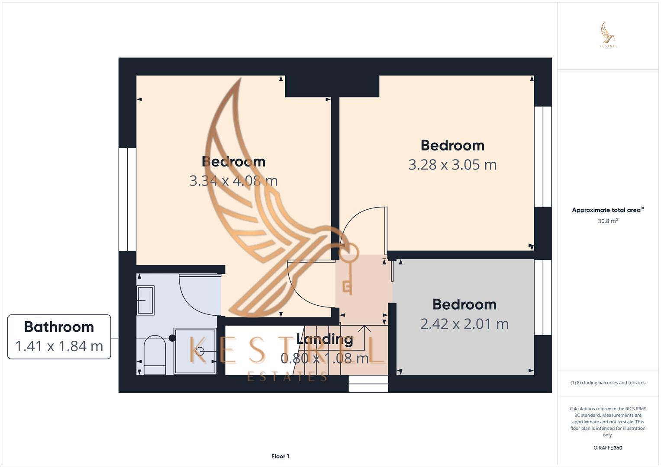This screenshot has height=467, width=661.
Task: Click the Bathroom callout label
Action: [x=59, y=327]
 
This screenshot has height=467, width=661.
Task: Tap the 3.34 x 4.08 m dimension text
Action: [x=233, y=180]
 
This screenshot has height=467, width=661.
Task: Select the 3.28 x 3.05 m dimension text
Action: [x=452, y=164]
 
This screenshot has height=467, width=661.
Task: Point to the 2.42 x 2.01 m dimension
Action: [x=464, y=323]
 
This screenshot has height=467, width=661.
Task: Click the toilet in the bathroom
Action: [x=155, y=355]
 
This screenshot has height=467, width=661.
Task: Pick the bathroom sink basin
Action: [x=145, y=300]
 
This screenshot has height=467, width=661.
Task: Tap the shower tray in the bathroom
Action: [x=195, y=351]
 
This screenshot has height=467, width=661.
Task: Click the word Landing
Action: [x=325, y=339]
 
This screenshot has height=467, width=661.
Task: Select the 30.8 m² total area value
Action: [x=608, y=221]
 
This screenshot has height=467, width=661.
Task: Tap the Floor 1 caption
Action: [x=280, y=456]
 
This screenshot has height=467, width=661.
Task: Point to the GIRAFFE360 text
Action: [x=608, y=448]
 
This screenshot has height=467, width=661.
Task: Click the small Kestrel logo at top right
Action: [x=608, y=35]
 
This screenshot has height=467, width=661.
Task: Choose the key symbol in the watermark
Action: [x=348, y=268]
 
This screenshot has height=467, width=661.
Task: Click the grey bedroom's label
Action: [x=464, y=304]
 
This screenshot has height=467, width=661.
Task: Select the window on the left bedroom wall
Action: [x=127, y=199]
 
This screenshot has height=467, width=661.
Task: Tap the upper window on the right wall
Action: [x=543, y=157]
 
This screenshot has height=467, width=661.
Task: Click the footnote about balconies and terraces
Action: [x=608, y=383]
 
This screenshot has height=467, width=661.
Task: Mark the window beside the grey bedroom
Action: [x=543, y=297]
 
